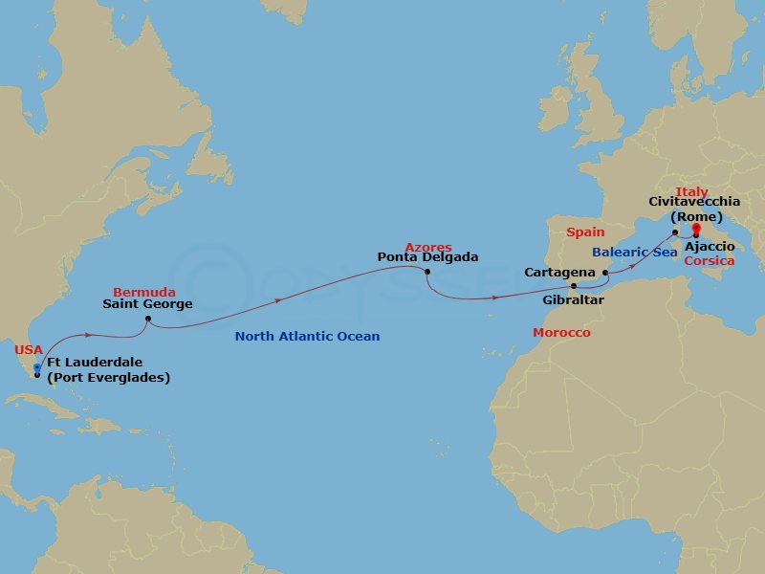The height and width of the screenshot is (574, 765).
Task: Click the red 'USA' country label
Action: click(28, 350)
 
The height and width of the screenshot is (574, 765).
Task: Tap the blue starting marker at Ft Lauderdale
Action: click(36, 367)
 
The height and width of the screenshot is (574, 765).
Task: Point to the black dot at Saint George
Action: click(148, 319)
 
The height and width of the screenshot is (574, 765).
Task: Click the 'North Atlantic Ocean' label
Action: click(307, 337)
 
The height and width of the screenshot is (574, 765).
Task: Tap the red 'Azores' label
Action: click(427, 247)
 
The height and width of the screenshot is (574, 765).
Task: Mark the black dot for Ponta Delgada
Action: click(426, 272)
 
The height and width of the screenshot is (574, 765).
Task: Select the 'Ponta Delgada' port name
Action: click(427, 257)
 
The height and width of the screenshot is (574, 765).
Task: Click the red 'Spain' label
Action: click(586, 232)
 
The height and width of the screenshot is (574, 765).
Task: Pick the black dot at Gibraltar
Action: click(574, 286)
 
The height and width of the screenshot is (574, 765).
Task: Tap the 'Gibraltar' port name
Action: click(574, 299)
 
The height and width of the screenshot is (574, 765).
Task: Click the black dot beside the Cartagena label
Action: click(605, 273)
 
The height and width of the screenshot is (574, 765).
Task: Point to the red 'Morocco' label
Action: click(561, 332)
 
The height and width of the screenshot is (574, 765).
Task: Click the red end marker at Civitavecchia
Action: click(696, 228)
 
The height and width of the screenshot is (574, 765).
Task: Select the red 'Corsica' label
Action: click(709, 260)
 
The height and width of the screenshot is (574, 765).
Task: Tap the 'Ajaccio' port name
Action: click(710, 247)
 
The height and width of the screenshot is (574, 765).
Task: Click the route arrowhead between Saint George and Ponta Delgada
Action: click(279, 299)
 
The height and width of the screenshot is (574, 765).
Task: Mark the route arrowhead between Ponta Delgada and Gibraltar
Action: click(495, 298)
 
